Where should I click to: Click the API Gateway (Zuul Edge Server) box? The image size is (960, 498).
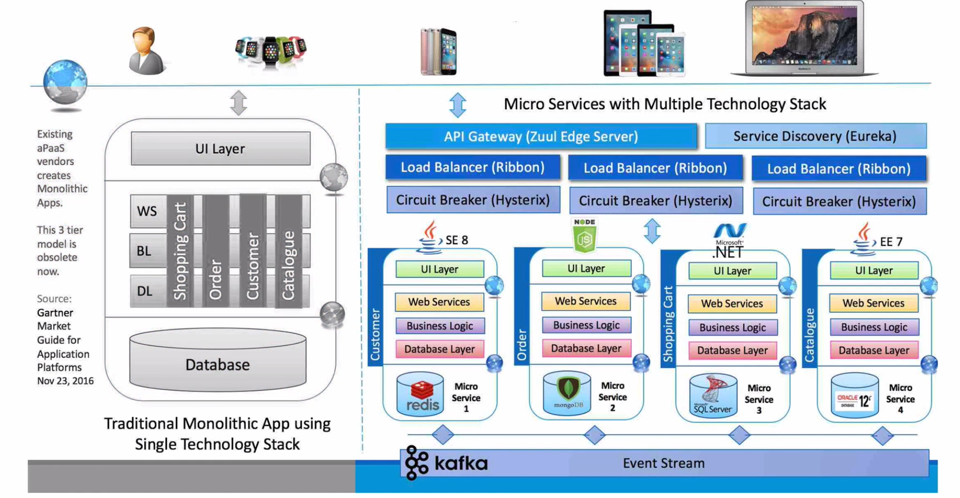click(541, 136)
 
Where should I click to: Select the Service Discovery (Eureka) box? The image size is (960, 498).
click(815, 136)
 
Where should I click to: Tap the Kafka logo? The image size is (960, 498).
click(447, 462)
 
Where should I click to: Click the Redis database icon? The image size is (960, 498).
click(420, 394)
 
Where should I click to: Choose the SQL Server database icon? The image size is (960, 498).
click(713, 395)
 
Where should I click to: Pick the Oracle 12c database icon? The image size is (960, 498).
click(854, 396)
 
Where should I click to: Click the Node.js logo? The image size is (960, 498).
click(585, 236)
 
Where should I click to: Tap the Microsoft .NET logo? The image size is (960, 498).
click(729, 241)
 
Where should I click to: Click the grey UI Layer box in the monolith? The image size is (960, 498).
click(220, 149)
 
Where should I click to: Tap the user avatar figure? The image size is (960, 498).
click(146, 51)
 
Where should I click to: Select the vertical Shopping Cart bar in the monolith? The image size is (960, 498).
click(180, 251)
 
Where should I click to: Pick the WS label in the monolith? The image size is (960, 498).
click(147, 211)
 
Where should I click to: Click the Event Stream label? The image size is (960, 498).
click(663, 463)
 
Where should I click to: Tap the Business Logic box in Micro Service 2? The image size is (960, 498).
click(586, 325)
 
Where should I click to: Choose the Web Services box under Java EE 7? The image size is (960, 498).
click(874, 303)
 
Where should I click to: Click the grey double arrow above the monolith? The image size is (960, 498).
click(239, 102)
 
